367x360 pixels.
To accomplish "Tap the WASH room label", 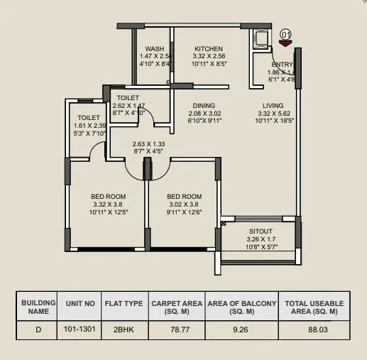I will coord(155,49).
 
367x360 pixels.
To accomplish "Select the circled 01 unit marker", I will coord(286,33).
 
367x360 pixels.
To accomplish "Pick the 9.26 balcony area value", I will coord(241,329).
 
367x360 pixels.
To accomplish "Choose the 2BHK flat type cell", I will coord(121,329).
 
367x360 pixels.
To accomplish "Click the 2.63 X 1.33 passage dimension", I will coord(148,143).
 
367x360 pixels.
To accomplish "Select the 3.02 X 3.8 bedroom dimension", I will coord(181,204).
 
